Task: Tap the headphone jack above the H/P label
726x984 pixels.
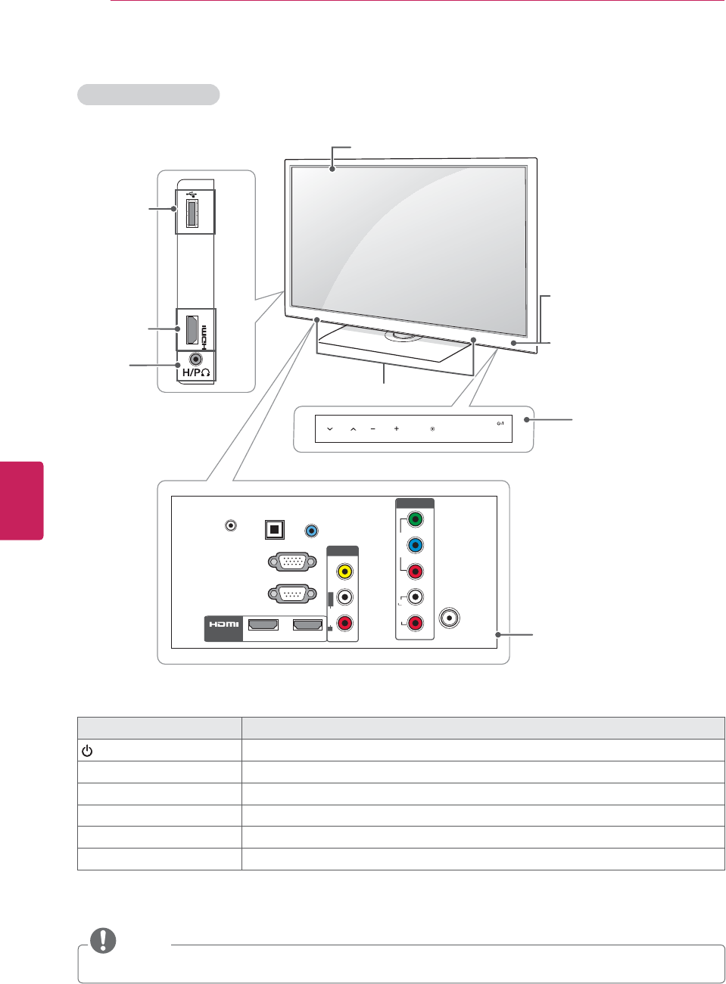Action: coord(196,360)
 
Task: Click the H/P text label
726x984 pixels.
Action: coord(196,373)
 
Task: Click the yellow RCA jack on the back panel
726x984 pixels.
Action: coord(344,571)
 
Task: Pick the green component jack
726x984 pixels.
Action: coord(415,520)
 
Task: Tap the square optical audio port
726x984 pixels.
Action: coord(275,529)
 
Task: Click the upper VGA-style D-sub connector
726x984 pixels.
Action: coord(291,562)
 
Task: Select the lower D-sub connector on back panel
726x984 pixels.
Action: coord(291,594)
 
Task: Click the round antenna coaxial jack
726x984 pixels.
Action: coord(450,618)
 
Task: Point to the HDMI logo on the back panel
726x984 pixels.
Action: coord(224,624)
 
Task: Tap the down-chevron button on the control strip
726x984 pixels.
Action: coord(330,429)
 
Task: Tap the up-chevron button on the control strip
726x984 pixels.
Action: coord(353,429)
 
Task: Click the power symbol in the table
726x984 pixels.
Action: coord(87,752)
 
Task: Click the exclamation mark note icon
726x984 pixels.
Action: coord(103,940)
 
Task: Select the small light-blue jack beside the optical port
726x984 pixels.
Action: coord(310,531)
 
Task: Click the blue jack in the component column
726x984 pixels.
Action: coord(415,545)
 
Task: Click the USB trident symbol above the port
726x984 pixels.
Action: coord(195,195)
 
